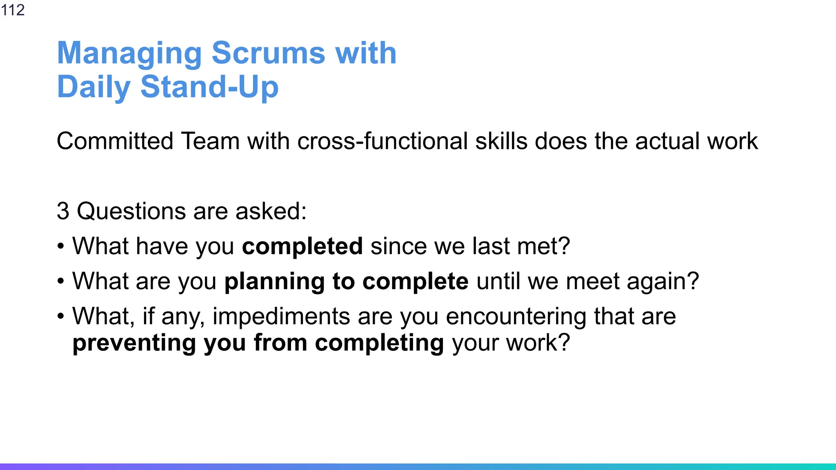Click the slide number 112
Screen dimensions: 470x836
pyautogui.click(x=13, y=10)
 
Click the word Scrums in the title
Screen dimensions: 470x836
pyautogui.click(x=268, y=53)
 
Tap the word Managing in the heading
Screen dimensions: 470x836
pyautogui.click(x=129, y=54)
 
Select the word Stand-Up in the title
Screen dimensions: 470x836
pyautogui.click(x=209, y=87)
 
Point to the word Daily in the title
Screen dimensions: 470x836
pyautogui.click(x=93, y=87)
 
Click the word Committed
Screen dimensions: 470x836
pyautogui.click(x=115, y=141)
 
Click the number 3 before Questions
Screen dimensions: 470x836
pyautogui.click(x=62, y=211)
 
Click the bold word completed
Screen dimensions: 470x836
pyautogui.click(x=302, y=246)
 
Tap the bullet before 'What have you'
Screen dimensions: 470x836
pyautogui.click(x=61, y=246)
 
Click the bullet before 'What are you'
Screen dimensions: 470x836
pyautogui.click(x=61, y=282)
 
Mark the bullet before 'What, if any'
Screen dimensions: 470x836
pyautogui.click(x=61, y=317)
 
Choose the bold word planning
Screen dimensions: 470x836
pyautogui.click(x=274, y=282)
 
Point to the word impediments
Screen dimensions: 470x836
pyautogui.click(x=281, y=317)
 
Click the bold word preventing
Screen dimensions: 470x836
pyautogui.click(x=134, y=343)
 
